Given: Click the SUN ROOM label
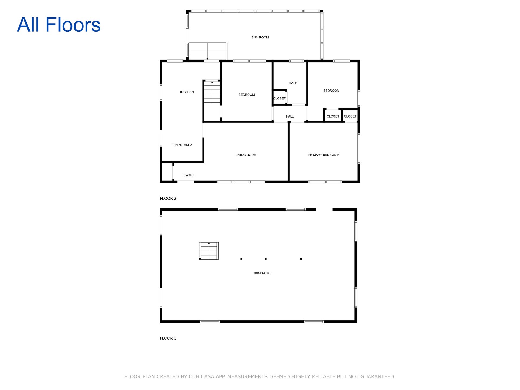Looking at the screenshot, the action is [260, 37].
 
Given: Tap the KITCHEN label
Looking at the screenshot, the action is [187, 92].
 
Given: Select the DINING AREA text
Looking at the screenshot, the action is [182, 145].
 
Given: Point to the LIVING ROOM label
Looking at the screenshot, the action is [246, 155].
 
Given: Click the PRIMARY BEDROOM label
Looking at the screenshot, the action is [323, 155].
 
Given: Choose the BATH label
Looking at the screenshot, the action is [293, 83].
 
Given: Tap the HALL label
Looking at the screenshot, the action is [290, 116].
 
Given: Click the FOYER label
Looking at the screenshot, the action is [189, 175].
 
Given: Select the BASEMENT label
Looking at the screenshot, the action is [262, 273].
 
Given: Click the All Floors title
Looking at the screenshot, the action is [59, 25].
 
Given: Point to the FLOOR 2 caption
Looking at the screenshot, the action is [168, 199].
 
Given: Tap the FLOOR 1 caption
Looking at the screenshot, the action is [168, 338].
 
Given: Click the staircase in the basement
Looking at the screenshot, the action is [209, 251].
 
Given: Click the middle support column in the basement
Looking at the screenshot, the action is [266, 259].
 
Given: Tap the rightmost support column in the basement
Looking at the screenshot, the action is [301, 259].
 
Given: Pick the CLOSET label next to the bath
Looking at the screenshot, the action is [279, 98].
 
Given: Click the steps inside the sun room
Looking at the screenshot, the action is [207, 51].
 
